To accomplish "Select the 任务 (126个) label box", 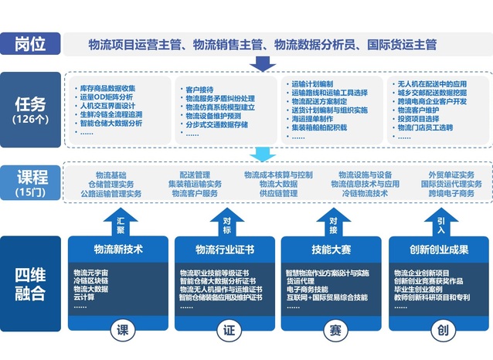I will (x=30, y=109).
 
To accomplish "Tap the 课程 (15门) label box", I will (x=30, y=182).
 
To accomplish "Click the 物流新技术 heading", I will (x=118, y=249).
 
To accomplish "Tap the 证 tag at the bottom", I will (x=228, y=331).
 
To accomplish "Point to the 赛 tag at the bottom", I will (x=334, y=331).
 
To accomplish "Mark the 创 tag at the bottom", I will (x=441, y=331).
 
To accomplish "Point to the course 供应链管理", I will (x=278, y=194).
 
